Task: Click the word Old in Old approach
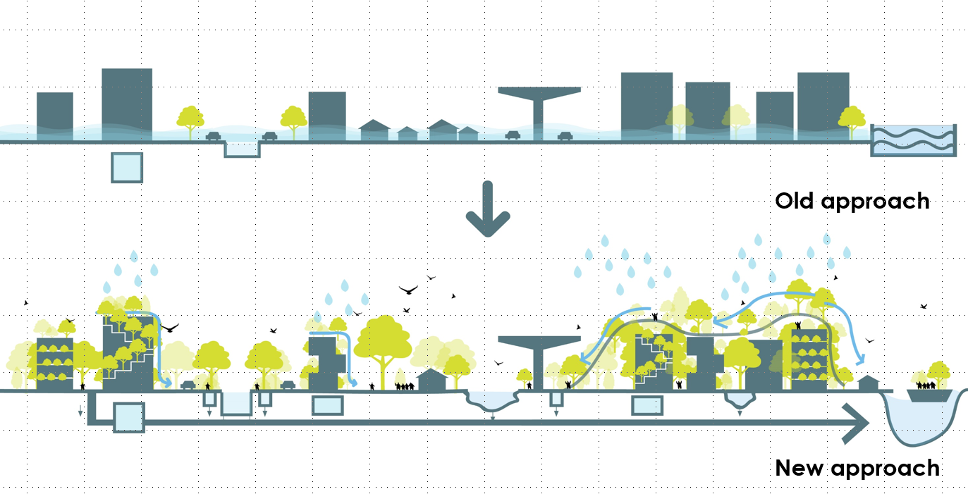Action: tap(796, 201)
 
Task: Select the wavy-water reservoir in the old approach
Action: tap(913, 140)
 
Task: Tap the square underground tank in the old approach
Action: tap(127, 168)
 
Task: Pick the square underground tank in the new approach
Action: tap(128, 416)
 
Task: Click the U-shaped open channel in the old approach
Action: tap(242, 149)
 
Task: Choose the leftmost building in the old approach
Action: tap(55, 116)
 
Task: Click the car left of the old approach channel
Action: tap(213, 136)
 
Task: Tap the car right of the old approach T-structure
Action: tap(564, 136)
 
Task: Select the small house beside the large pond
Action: tap(869, 383)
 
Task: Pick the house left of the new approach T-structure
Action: tap(431, 381)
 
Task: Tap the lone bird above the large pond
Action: tap(924, 307)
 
